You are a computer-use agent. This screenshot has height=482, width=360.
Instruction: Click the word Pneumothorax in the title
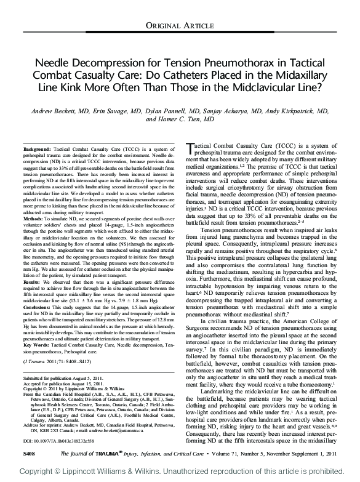pyautogui.click(x=240, y=63)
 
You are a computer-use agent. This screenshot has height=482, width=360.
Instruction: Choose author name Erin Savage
pyautogui.click(x=119, y=111)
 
